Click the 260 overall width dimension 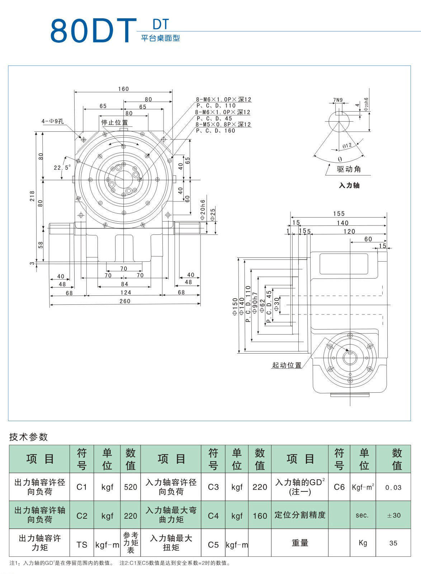coord(125,301)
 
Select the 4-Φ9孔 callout coord(52,121)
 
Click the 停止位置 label coord(114,122)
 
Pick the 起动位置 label coord(287,365)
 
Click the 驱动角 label coord(349,169)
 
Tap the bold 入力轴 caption coord(349,185)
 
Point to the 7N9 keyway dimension coord(338,100)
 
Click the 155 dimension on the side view coord(339,214)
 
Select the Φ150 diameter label coord(235,307)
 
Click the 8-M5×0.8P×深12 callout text coord(223,125)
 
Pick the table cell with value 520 coord(131,487)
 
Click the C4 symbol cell coord(213,516)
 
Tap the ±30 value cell coord(393,515)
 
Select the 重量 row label coord(300,543)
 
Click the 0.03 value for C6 coord(393,487)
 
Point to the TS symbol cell coord(82,545)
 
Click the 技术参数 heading coord(28,437)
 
